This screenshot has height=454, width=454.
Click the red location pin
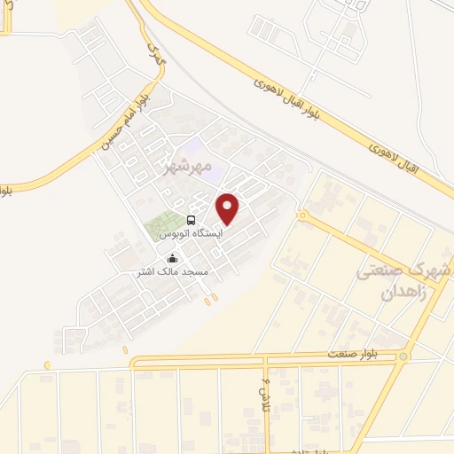click(x=228, y=207)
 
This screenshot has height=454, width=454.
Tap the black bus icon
click(x=191, y=220)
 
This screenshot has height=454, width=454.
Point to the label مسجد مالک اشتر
click(x=168, y=272)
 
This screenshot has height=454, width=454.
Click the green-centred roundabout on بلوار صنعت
click(x=403, y=356)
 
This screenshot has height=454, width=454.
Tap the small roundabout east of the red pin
click(x=302, y=215)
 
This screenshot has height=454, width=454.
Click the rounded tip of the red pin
click(x=228, y=223)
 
